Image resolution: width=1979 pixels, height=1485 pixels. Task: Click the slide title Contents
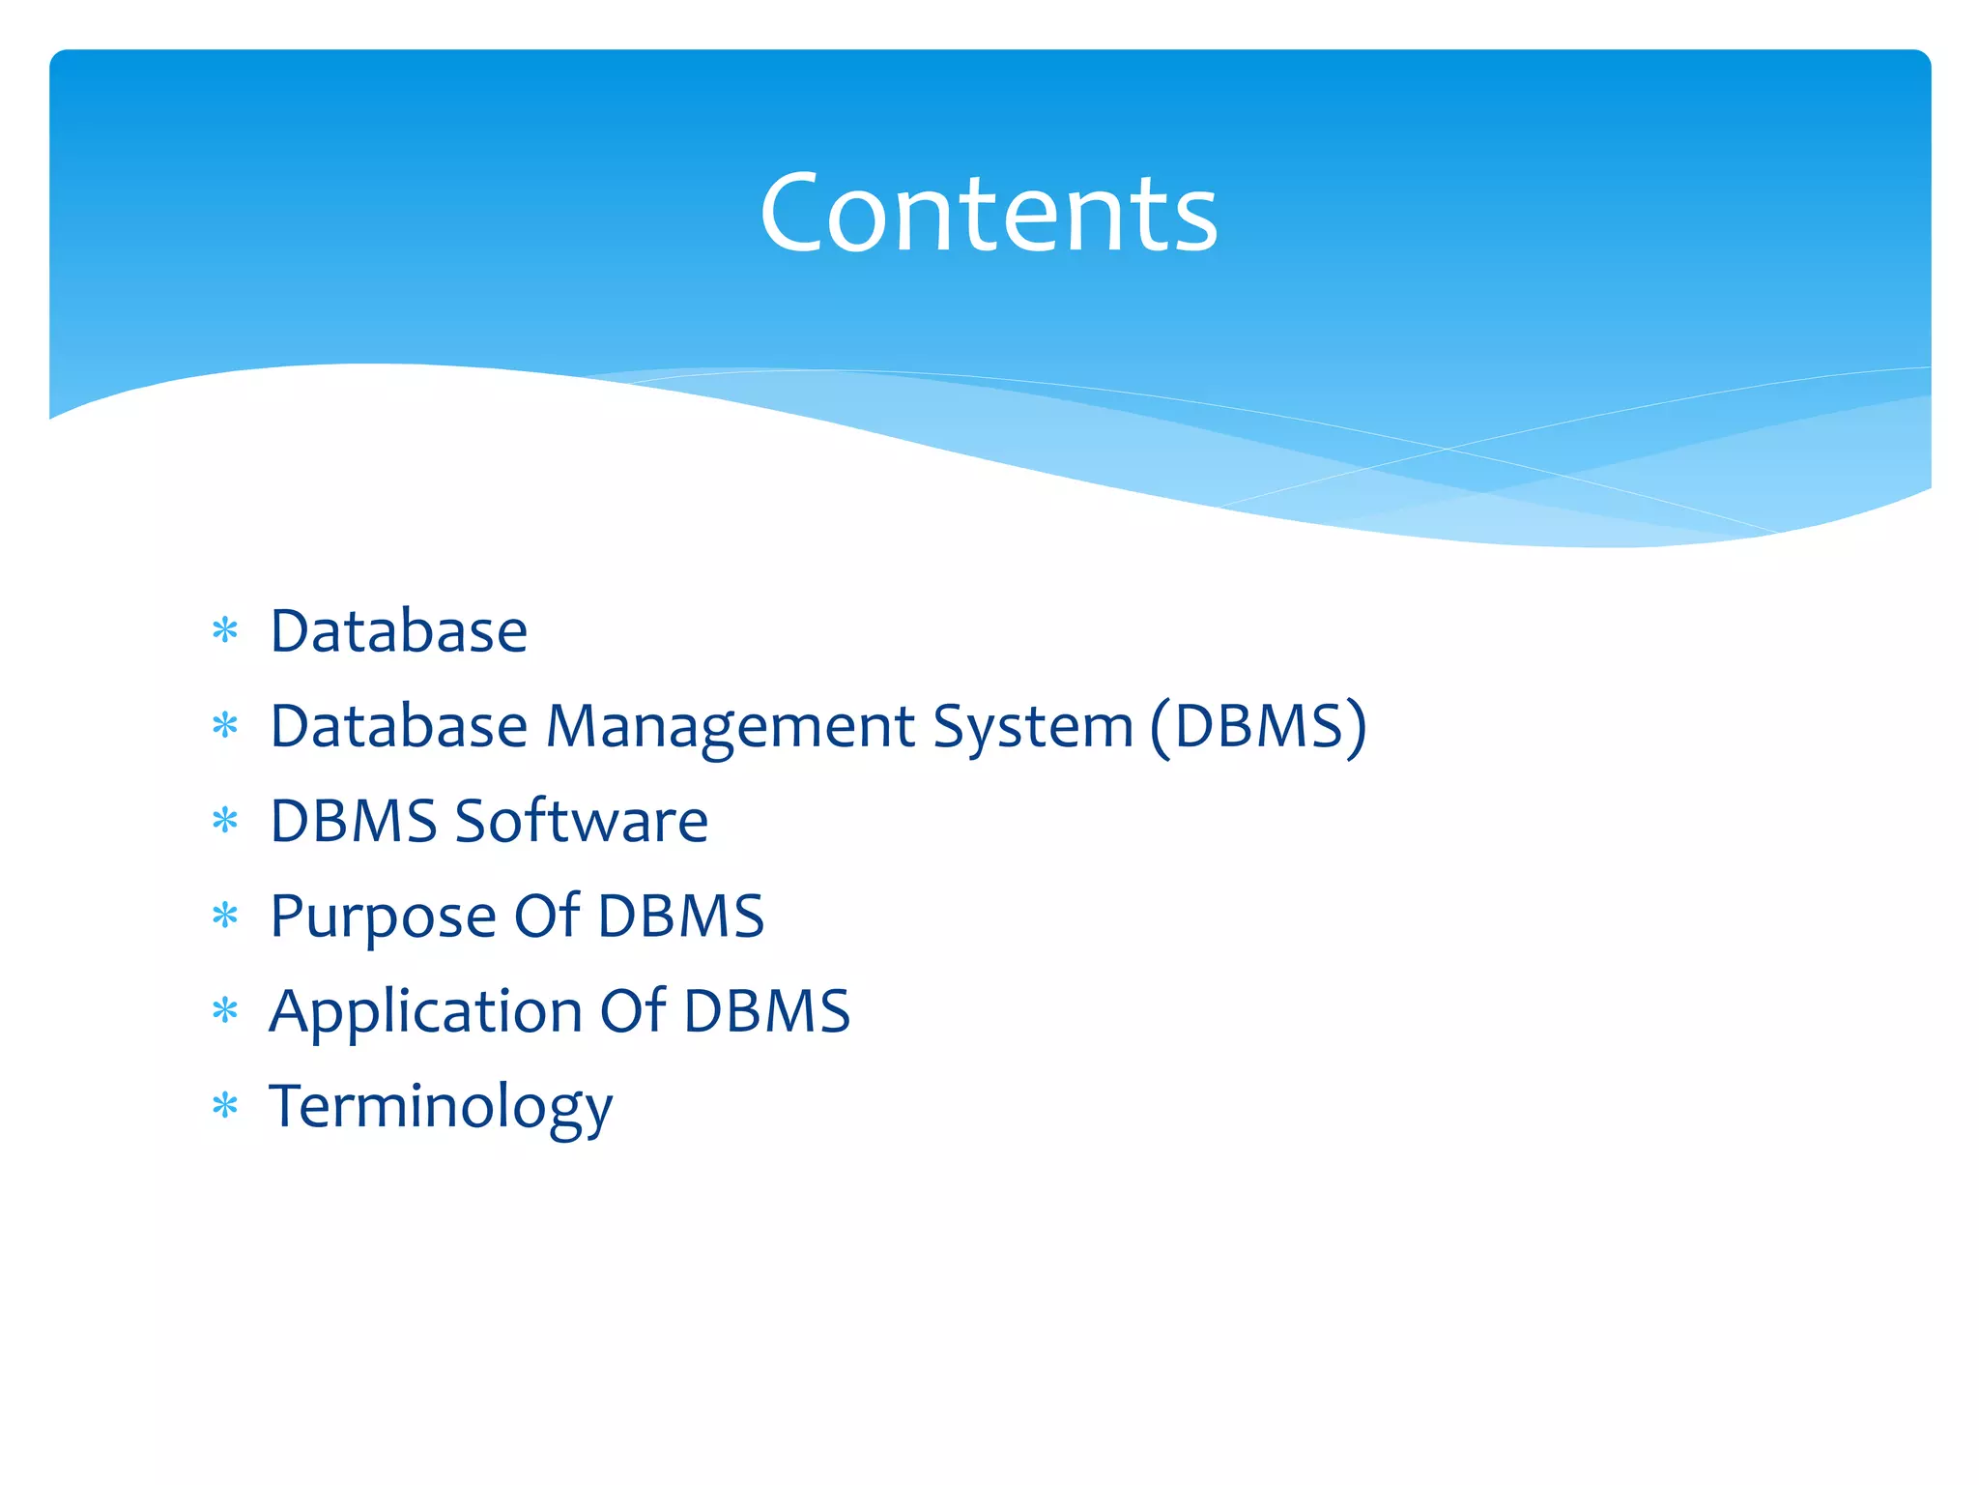click(x=989, y=213)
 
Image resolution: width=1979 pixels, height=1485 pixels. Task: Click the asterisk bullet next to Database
click(x=225, y=631)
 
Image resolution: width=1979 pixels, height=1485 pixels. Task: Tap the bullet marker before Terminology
click(x=225, y=1105)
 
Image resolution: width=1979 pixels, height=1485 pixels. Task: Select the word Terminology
click(x=441, y=1107)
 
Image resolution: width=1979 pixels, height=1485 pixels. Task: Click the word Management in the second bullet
click(x=730, y=727)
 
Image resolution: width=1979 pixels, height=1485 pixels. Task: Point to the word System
click(x=1032, y=727)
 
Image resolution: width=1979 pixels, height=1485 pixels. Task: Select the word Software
click(x=582, y=822)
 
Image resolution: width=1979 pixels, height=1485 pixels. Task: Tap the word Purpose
click(x=383, y=917)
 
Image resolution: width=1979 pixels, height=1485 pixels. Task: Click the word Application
click(x=425, y=1012)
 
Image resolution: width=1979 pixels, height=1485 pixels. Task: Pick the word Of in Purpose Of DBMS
click(x=547, y=916)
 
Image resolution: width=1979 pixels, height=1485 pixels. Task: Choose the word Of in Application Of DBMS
click(x=633, y=1010)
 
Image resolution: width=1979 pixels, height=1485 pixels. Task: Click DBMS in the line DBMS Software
click(x=354, y=822)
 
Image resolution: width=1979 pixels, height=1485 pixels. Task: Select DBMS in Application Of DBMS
click(x=767, y=1011)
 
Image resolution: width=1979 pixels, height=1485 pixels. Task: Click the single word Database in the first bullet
click(x=398, y=631)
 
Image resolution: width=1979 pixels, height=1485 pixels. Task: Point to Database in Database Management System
click(x=398, y=726)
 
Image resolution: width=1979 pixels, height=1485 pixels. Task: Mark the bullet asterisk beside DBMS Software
click(x=225, y=822)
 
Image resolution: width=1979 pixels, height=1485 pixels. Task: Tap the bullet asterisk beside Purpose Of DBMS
click(x=225, y=916)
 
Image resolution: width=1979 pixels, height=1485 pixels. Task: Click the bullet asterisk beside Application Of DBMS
click(x=225, y=1011)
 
